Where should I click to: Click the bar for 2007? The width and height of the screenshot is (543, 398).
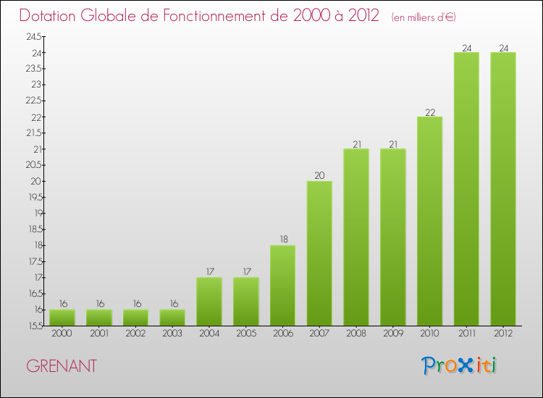319,253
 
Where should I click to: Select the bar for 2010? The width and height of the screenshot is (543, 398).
430,221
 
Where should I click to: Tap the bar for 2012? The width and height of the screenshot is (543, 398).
503,189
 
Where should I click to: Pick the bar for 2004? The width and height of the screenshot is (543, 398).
209,302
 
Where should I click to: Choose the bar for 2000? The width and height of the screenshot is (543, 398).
62,318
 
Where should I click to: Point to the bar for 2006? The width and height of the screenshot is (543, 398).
282,285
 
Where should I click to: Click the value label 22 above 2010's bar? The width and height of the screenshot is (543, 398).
430,112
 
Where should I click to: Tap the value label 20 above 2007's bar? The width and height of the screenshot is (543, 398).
319,176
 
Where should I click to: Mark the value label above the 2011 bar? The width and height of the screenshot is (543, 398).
466,48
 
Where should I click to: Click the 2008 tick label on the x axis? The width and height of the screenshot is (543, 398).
356,334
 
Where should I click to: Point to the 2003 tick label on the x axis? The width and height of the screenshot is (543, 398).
172,334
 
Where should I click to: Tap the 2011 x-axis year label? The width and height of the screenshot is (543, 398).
466,334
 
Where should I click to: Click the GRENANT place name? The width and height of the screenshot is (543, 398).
62,366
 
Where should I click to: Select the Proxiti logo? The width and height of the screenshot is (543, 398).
459,365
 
